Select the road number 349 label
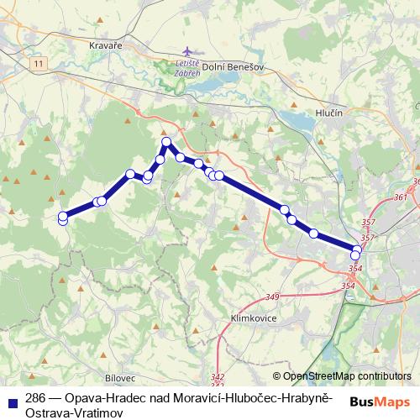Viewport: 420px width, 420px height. pyautogui.click(x=272, y=297)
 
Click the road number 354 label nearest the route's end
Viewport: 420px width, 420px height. pyautogui.click(x=354, y=268)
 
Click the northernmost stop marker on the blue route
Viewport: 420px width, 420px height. pyautogui.click(x=167, y=142)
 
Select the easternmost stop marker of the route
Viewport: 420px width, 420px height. pyautogui.click(x=359, y=248)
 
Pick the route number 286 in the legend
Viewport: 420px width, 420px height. pyautogui.click(x=34, y=398)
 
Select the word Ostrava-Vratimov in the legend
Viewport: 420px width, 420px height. pyautogui.click(x=75, y=412)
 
